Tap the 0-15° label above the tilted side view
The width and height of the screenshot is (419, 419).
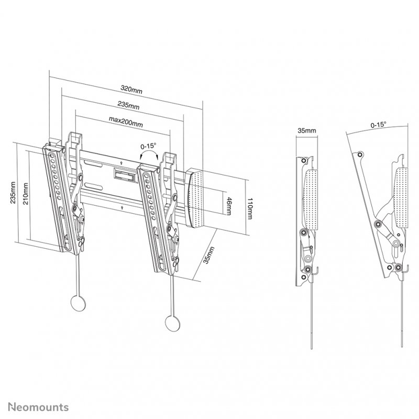click(x=378, y=125)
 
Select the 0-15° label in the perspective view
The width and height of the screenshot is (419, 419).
click(x=149, y=147)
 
